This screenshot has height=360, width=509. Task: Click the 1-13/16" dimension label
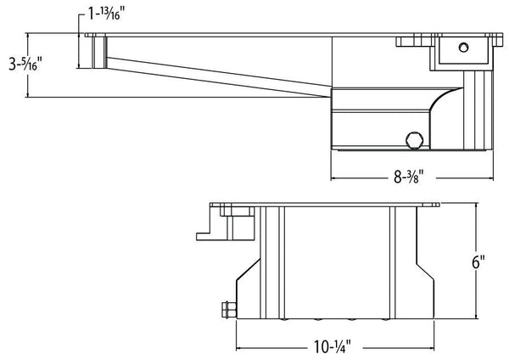tap(107, 14)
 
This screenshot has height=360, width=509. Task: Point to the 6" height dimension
tap(478, 262)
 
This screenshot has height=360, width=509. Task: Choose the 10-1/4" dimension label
tap(333, 346)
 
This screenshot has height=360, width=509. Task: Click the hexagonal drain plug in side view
tap(415, 140)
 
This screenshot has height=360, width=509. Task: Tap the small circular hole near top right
tap(463, 48)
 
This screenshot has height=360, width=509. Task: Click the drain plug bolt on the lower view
tap(228, 310)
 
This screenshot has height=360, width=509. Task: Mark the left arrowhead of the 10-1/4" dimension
tap(238, 348)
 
